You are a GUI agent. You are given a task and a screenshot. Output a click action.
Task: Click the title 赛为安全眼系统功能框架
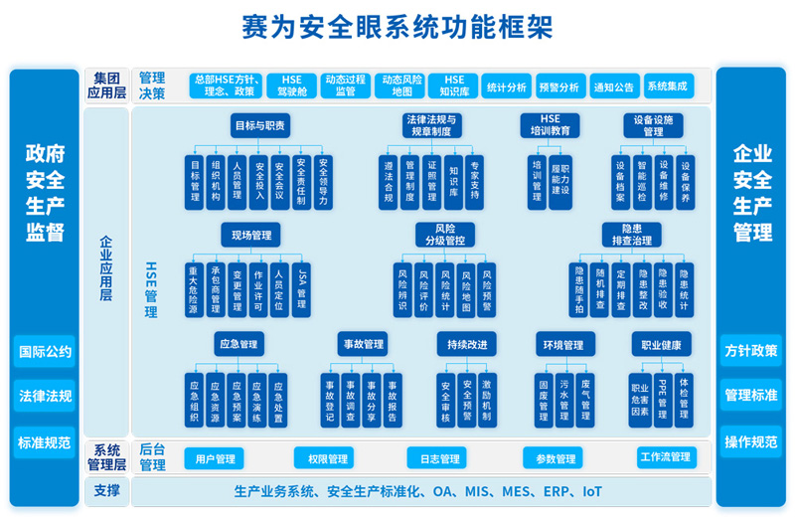[397, 27]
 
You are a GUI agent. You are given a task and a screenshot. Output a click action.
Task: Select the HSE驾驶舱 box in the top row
[291, 86]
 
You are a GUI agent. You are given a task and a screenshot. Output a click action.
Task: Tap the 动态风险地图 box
[401, 86]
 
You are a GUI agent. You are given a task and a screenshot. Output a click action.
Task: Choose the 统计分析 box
[507, 86]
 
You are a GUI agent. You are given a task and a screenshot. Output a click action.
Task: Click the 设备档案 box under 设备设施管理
[619, 182]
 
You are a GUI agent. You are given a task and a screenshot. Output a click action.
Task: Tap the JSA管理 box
[303, 289]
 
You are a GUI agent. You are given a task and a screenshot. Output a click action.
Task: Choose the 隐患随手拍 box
[579, 289]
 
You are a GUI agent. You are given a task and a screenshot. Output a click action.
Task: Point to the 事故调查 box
[351, 399]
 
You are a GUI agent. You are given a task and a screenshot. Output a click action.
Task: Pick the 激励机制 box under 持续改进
[487, 399]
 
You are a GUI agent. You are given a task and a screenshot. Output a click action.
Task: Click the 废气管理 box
[585, 399]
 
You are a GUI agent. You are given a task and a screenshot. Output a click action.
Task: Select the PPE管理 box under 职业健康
[663, 399]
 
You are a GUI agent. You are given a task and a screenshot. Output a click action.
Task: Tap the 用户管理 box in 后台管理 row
[215, 458]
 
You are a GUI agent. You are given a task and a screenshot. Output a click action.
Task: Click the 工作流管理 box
[666, 457]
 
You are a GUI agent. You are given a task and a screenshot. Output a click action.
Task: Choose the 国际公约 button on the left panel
[45, 351]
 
